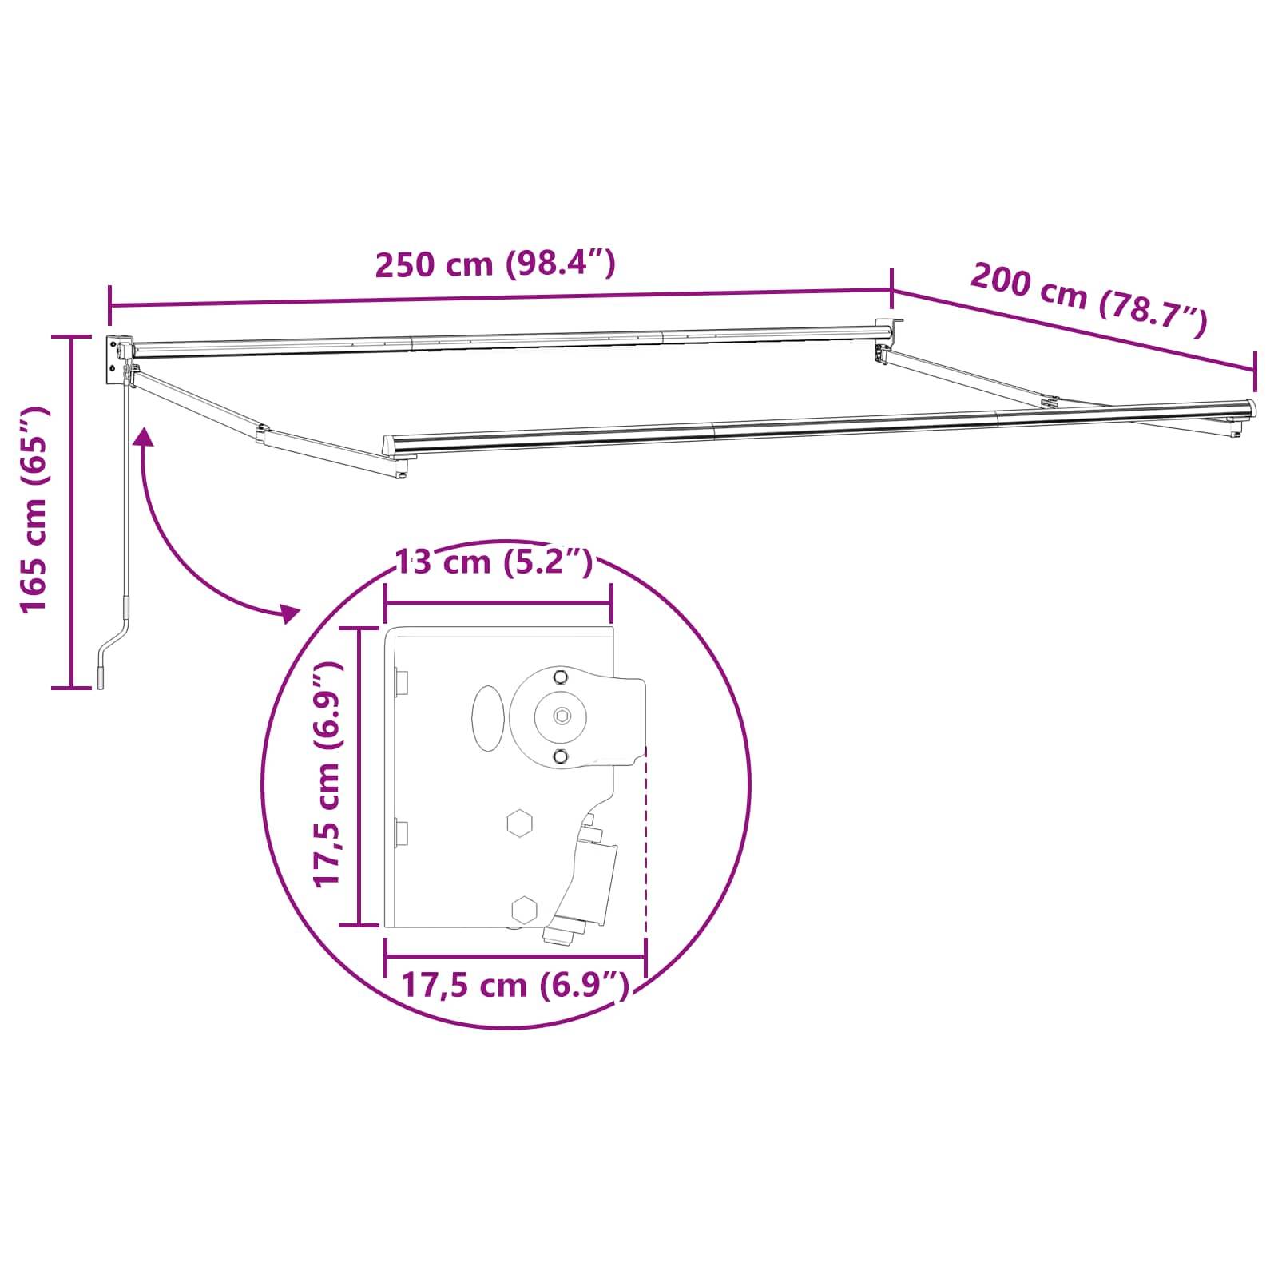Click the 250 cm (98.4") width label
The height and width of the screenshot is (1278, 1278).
495,264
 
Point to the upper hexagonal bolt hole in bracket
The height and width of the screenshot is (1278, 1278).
520,822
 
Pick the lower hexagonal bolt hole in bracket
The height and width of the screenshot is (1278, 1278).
524,909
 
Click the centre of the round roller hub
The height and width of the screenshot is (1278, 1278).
562,715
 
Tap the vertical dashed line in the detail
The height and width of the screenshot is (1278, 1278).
645,847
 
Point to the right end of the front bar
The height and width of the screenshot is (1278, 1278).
1248,409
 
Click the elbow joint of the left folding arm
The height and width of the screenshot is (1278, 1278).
262,434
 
